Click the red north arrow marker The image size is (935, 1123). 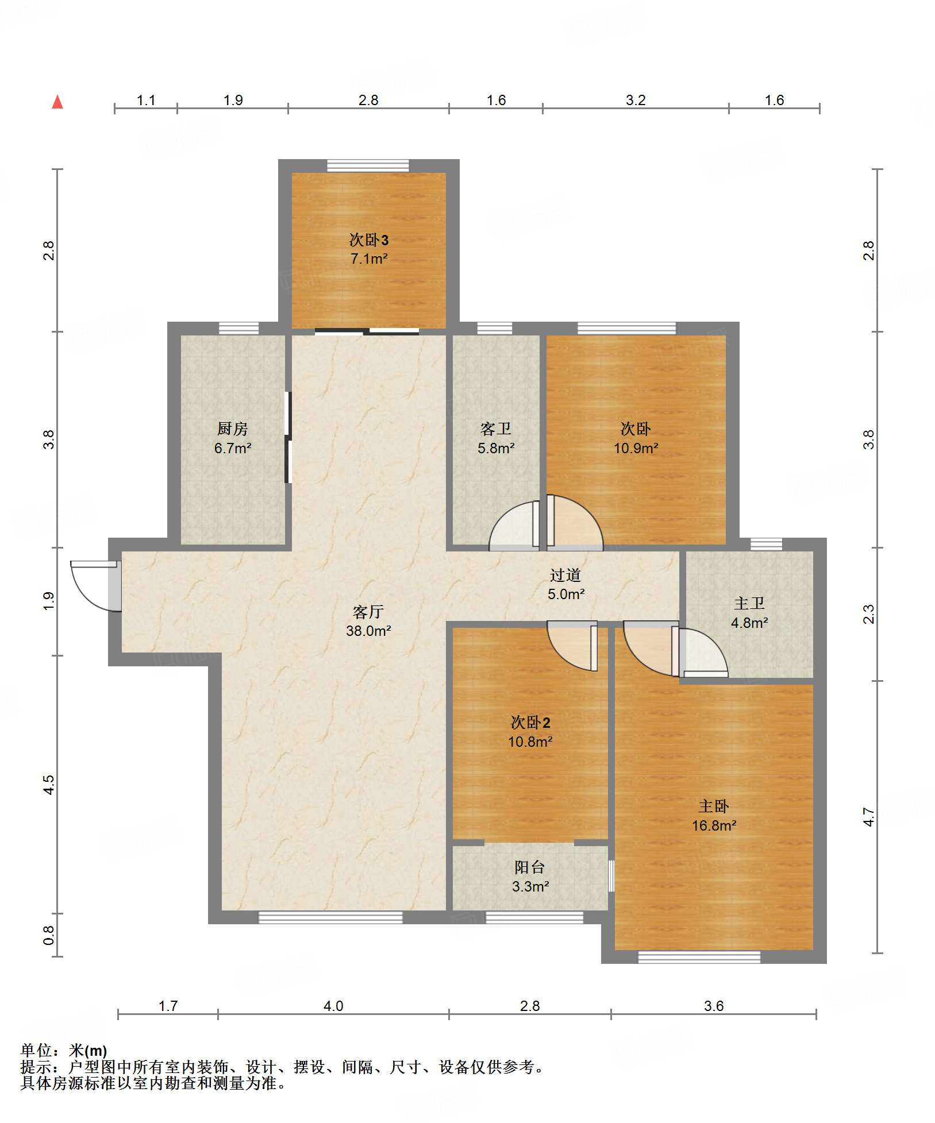tap(57, 102)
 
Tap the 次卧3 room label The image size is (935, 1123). tap(369, 240)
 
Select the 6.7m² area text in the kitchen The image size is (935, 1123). tap(233, 448)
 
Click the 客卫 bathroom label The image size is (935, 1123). tap(495, 429)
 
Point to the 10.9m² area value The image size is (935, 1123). tap(636, 448)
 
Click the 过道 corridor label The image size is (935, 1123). tap(565, 575)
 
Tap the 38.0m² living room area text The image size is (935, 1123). tap(368, 631)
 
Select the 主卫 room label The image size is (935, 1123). tap(749, 603)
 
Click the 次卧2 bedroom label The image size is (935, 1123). tap(530, 723)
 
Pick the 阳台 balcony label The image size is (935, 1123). tap(530, 867)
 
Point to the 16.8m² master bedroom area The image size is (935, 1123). tap(714, 825)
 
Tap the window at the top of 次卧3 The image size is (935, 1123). tap(368, 166)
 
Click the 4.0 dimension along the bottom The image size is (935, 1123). tap(333, 1006)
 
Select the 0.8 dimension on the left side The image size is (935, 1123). tap(49, 936)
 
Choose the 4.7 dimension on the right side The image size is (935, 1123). tap(868, 817)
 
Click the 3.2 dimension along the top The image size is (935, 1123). tap(636, 100)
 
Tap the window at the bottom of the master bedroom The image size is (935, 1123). tap(699, 957)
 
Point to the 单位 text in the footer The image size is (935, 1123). tap(36, 1051)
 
